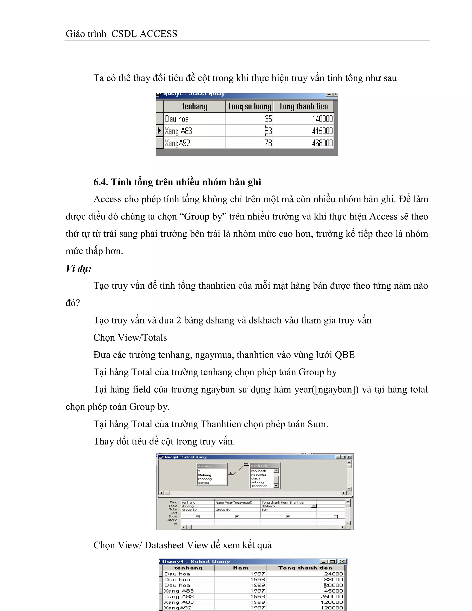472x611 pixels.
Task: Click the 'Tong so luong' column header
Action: tap(249, 107)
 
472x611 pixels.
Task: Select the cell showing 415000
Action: tap(322, 131)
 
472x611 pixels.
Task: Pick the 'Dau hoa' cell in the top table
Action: tap(177, 119)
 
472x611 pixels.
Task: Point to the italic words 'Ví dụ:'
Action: tap(78, 269)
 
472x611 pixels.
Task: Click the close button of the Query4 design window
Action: tap(349, 457)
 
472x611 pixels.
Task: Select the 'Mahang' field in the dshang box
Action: tap(205, 475)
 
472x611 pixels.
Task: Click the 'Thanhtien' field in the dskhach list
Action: tap(259, 486)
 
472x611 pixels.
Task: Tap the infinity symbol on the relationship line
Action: tap(246, 464)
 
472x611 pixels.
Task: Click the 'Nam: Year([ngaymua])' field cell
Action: tap(234, 502)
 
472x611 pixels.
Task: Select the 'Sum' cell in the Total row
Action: tap(265, 510)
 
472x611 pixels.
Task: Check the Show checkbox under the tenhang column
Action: tap(198, 516)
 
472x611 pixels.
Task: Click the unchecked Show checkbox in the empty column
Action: tap(336, 516)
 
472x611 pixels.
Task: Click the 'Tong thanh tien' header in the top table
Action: tap(303, 107)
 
